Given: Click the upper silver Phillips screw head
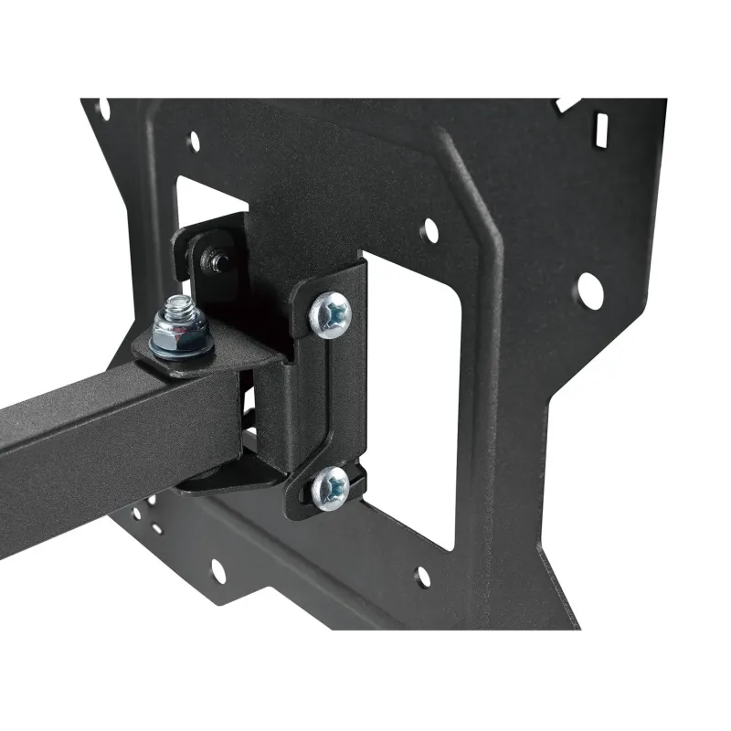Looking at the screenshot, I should pos(330,313).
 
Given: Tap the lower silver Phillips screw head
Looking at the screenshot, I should pos(330,488).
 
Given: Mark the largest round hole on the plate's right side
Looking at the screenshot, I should pos(588,289).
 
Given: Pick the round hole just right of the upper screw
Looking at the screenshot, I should pos(429,231).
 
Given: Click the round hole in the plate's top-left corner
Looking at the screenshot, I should pos(103,110).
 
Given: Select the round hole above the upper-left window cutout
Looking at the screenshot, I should pos(194,141).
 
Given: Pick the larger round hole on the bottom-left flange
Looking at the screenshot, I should pos(217,571).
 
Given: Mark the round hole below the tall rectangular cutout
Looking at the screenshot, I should pos(423,577).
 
